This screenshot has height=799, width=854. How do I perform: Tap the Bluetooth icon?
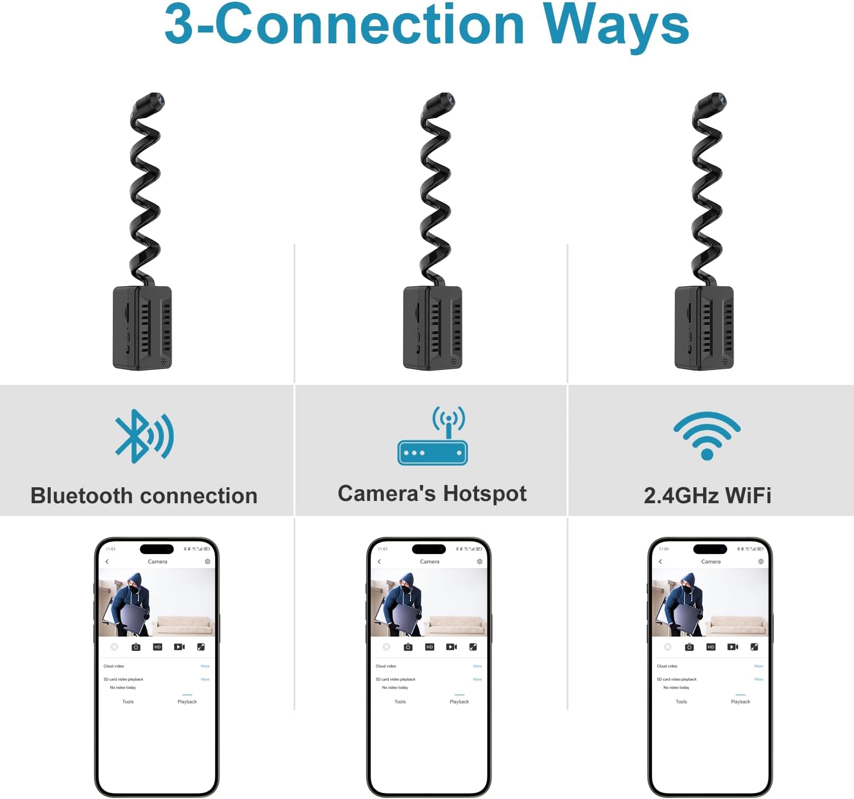(x=143, y=436)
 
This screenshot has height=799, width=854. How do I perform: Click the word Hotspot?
(x=485, y=494)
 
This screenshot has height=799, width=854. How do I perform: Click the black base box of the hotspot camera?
(x=433, y=328)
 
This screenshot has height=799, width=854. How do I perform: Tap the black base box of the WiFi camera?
(x=704, y=328)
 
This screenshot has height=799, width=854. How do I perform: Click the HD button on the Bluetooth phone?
(x=158, y=647)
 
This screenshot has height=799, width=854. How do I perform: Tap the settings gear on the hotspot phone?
(x=479, y=561)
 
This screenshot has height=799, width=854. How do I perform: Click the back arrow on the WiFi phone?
(x=660, y=561)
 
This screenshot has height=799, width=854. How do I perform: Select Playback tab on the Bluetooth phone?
(x=187, y=702)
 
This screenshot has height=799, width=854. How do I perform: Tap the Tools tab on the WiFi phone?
(x=681, y=702)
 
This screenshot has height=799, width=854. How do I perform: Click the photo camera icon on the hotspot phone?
(x=408, y=647)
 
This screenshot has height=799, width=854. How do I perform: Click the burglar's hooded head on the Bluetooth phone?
(x=134, y=584)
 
